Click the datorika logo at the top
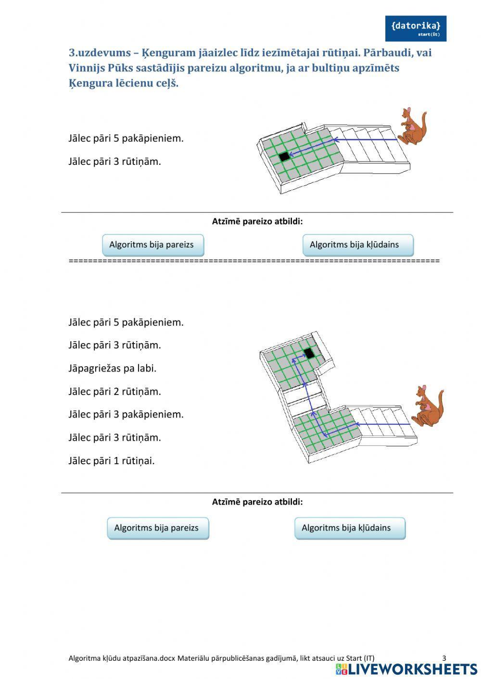click(x=416, y=28)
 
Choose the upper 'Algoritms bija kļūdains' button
click(x=357, y=245)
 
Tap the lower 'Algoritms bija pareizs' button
click(x=158, y=528)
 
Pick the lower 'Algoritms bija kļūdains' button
click(x=350, y=528)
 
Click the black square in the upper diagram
click(x=284, y=156)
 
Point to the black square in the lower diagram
click(x=309, y=354)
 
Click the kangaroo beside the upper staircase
click(x=412, y=126)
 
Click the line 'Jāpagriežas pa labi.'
click(x=113, y=369)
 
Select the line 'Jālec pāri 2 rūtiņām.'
click(x=114, y=392)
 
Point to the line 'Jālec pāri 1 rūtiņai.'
click(x=112, y=461)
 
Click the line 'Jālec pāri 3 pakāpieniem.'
click(x=126, y=415)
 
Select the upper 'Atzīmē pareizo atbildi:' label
click(x=257, y=222)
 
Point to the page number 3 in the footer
click(x=444, y=658)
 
